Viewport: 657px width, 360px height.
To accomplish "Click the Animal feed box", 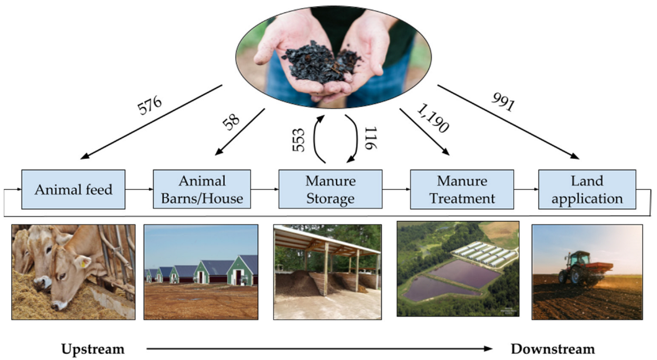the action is pyautogui.click(x=73, y=189).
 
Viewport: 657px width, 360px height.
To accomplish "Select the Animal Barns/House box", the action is pyautogui.click(x=202, y=189).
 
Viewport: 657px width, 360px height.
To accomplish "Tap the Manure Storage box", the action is pyautogui.click(x=330, y=189).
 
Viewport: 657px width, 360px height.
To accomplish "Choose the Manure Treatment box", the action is pyautogui.click(x=462, y=189).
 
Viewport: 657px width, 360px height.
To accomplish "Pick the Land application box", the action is pyautogui.click(x=587, y=189).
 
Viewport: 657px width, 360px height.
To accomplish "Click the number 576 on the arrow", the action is pyautogui.click(x=150, y=105).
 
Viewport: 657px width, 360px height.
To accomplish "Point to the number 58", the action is pyautogui.click(x=231, y=121).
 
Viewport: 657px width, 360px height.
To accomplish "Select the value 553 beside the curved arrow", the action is pyautogui.click(x=299, y=140).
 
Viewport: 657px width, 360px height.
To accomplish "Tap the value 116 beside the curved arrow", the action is pyautogui.click(x=371, y=138).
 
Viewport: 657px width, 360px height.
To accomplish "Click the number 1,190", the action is pyautogui.click(x=433, y=118).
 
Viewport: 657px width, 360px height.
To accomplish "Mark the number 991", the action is pyautogui.click(x=502, y=101).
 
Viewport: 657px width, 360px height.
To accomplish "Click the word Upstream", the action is pyautogui.click(x=93, y=349).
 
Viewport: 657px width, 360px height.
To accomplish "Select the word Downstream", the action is pyautogui.click(x=553, y=349).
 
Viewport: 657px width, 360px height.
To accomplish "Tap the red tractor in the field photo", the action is pyautogui.click(x=584, y=268).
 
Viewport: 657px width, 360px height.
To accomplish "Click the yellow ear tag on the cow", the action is pyautogui.click(x=83, y=263).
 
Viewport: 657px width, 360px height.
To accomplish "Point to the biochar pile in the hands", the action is pyautogui.click(x=321, y=62).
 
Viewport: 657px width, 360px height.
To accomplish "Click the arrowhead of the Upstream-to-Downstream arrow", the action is pyautogui.click(x=487, y=348).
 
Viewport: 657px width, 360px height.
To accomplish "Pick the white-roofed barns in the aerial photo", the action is pyautogui.click(x=484, y=254).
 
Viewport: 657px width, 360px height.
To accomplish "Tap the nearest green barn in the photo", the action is pyautogui.click(x=242, y=271).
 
